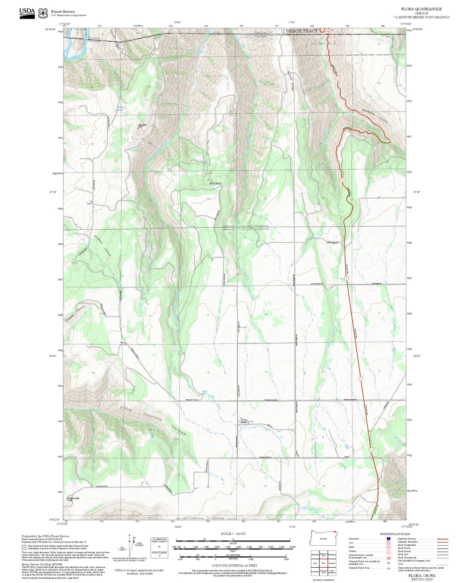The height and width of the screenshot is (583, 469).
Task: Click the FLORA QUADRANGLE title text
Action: point(421,9)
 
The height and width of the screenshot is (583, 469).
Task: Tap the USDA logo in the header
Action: point(27,13)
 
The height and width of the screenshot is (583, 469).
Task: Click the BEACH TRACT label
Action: point(301,31)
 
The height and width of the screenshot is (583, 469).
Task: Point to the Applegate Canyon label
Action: point(375,116)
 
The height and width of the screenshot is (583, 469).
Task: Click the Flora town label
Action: point(245,420)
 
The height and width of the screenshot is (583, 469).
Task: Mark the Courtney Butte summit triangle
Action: point(67,498)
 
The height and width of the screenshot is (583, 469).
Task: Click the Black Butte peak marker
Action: point(138,127)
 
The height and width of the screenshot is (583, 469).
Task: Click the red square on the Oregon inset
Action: point(335,532)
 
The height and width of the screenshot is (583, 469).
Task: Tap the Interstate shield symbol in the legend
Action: point(388,539)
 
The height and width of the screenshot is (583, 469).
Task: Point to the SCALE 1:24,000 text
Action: point(233,534)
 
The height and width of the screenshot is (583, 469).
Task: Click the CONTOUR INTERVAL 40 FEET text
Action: point(234,565)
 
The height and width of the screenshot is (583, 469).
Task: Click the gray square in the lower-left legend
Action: point(24,547)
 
